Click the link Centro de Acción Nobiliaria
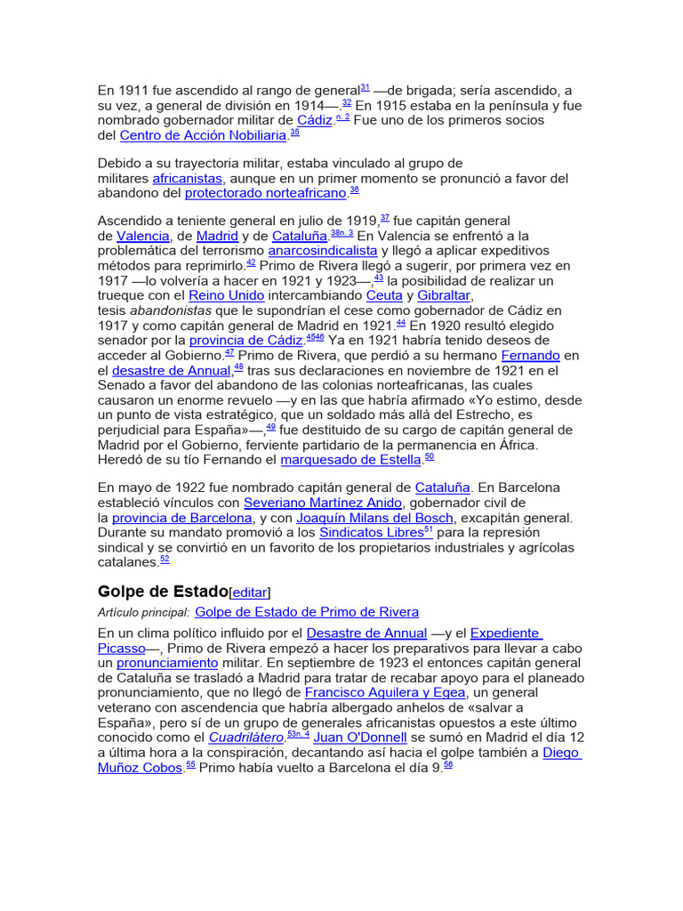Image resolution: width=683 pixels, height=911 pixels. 204,136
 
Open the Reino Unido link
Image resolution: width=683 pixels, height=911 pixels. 226,295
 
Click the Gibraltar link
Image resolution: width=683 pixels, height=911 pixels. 445,295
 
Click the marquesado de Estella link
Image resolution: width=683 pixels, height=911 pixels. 351,460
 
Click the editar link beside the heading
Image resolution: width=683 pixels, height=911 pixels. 250,593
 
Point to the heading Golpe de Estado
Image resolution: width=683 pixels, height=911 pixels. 162,591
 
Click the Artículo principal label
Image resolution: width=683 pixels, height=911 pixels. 144,612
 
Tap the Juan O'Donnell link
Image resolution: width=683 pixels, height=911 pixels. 360,738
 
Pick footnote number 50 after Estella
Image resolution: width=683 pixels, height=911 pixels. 430,457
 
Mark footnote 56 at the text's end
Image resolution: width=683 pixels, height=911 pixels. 448,764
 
